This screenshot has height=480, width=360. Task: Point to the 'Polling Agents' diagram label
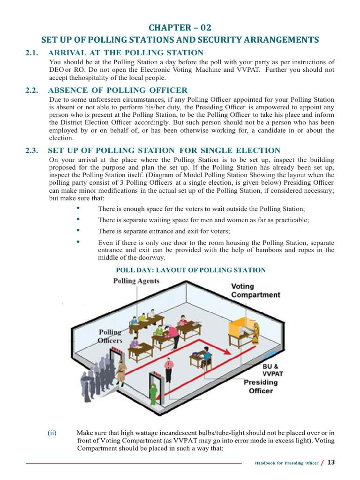[136, 281]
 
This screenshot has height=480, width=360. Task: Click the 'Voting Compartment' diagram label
[255, 290]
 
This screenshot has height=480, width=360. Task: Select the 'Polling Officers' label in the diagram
[110, 336]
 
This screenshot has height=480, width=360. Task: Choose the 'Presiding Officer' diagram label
[261, 386]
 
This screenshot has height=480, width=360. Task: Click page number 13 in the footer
[331, 462]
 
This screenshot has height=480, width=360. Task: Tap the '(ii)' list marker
[52, 433]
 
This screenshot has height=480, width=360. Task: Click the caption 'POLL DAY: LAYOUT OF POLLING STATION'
[190, 270]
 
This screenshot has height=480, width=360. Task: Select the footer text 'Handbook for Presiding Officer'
[286, 463]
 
